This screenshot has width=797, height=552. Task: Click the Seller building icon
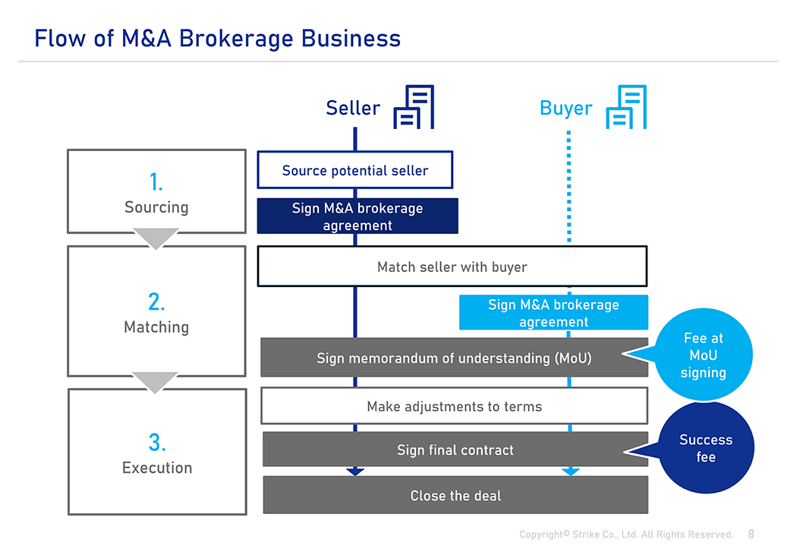(414, 107)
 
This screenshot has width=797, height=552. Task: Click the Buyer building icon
(626, 107)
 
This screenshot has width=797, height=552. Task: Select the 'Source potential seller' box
(354, 170)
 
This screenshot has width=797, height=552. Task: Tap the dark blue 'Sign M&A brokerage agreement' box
(358, 216)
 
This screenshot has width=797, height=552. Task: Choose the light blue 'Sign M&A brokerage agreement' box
(553, 313)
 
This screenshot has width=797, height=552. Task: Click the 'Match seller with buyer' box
(452, 267)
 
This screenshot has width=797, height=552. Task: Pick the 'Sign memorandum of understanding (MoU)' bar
(455, 358)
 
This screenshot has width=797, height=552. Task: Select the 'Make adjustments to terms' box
(455, 405)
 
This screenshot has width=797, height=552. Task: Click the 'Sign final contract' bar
(455, 449)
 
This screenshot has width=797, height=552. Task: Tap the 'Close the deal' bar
(455, 495)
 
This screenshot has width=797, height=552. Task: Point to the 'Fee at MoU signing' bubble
(704, 355)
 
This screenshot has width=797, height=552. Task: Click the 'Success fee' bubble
(707, 448)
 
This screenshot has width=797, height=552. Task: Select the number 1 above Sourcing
(156, 182)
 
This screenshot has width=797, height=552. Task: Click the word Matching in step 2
(156, 327)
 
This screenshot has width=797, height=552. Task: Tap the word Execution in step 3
(157, 468)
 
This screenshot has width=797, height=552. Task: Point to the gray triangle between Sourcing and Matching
(156, 238)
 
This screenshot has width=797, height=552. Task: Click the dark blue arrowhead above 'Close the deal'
(354, 472)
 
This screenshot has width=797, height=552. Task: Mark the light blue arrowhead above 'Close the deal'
(570, 472)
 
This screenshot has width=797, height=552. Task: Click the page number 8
(751, 535)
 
